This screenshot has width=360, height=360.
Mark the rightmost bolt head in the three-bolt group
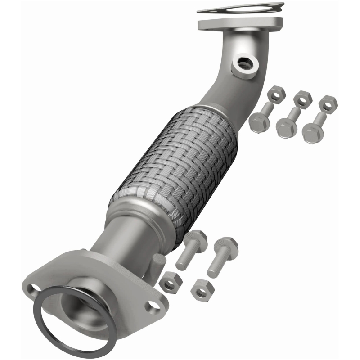tap(312, 132)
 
